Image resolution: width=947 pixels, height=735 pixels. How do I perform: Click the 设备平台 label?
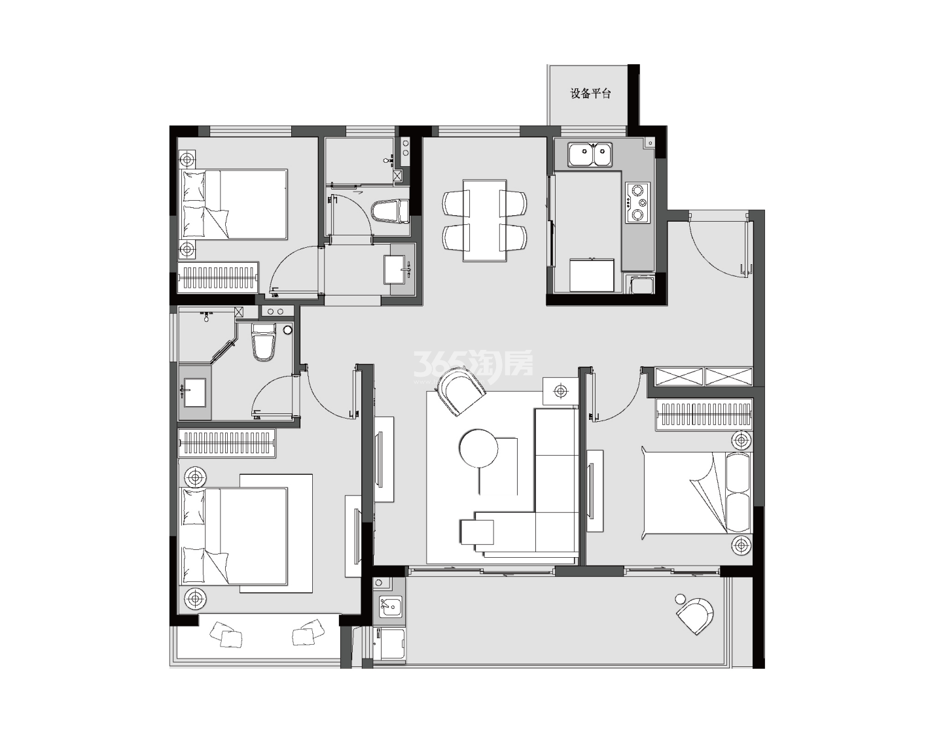click(590, 94)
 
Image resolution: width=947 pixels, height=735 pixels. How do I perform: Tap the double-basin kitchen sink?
click(590, 154)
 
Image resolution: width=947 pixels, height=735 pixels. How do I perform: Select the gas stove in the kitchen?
click(637, 203)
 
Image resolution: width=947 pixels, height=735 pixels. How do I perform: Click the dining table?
click(484, 220)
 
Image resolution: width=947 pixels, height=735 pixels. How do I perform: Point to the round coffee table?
click(478, 449)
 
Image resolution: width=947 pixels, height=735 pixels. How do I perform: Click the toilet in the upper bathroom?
click(390, 211)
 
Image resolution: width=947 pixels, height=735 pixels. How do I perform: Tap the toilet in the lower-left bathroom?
click(264, 342)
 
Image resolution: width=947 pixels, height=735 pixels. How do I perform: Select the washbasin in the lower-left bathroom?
click(194, 392)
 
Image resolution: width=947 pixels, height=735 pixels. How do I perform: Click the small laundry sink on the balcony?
click(391, 606)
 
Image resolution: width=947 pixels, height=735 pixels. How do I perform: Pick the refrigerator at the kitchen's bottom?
click(592, 275)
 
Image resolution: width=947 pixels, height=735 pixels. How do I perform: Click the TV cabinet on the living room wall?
click(384, 459)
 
